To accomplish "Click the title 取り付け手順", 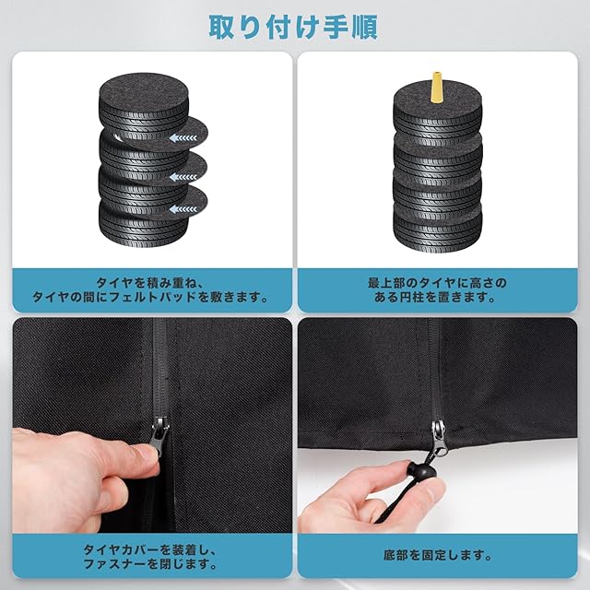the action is pos(293,27).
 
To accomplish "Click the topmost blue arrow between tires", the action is pos(183,138).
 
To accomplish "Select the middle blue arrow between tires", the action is pos(183,176).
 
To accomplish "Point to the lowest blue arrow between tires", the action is pos(183,209).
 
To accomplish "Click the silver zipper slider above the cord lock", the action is pos(437,435).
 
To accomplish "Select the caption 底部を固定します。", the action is pos(438,555).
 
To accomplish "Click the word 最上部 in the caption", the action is pos(386,283).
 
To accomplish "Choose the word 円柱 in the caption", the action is pos(413,297).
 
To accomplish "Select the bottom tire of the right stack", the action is pos(438,227).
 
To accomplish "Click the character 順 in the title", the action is pos(364,27).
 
